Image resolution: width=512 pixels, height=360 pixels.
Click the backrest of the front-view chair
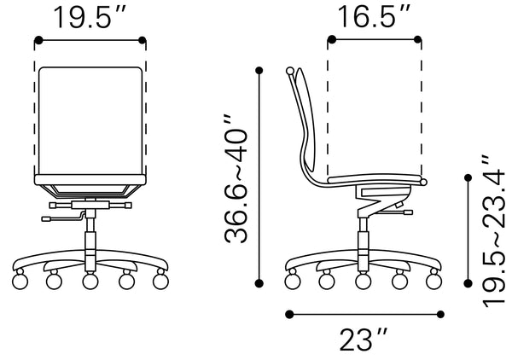point(90,119)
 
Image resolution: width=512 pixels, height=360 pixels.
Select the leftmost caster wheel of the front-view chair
point(23,279)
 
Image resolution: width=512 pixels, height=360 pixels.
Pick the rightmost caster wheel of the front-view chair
point(159,279)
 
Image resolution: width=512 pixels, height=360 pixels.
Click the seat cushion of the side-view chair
point(375,177)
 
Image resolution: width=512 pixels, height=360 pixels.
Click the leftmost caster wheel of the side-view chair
point(292,279)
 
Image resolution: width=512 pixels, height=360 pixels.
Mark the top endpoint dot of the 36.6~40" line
point(258,71)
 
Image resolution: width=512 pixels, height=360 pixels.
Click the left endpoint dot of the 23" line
point(290,314)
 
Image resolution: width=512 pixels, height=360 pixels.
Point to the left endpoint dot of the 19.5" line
point(37,39)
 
